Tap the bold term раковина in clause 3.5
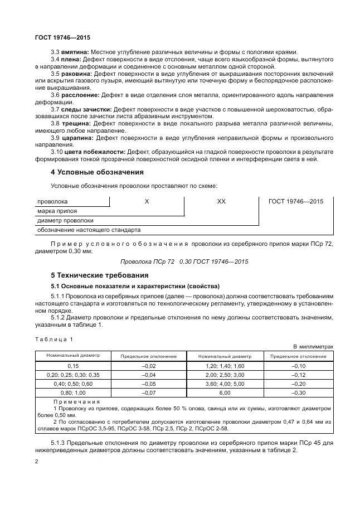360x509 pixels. coord(77,74)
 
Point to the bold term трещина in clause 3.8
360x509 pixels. coord(77,123)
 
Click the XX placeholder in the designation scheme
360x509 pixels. coord(221,201)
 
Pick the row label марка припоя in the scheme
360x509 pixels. coord(57,211)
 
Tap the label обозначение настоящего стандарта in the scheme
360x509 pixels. coord(89,230)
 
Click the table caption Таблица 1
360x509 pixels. coord(53,339)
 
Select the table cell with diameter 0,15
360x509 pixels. coord(72,365)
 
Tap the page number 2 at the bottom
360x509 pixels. coord(36,462)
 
